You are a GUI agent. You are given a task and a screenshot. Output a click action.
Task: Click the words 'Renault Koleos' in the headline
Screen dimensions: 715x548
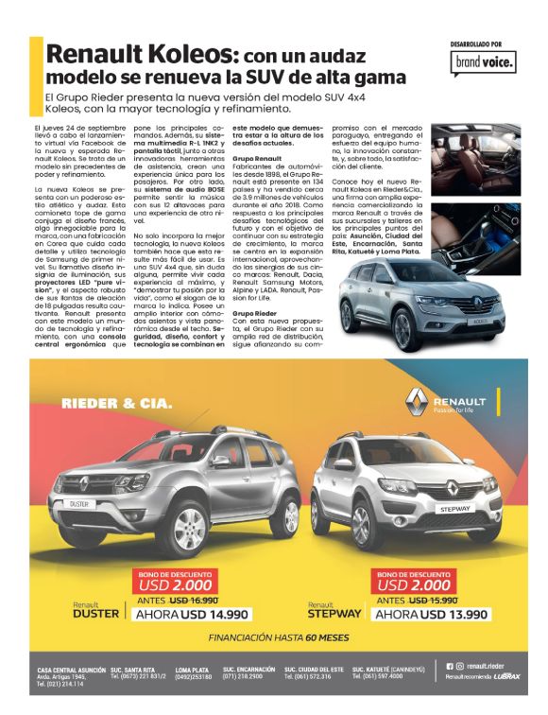coord(136,54)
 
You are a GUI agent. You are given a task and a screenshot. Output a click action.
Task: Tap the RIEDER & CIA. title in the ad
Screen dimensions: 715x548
coord(116,404)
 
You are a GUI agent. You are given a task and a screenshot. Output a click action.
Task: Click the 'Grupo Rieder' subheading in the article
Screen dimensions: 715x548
coord(252,311)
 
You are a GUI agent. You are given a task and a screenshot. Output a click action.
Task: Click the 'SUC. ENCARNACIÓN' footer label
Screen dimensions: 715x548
coord(250,670)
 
